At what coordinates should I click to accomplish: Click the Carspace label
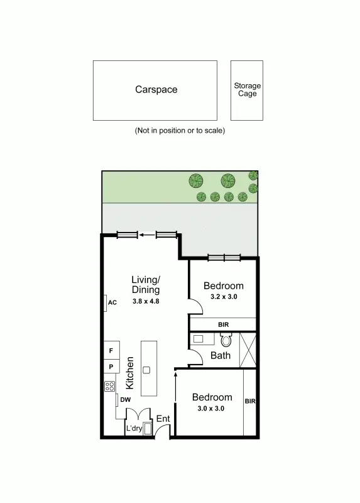click(x=156, y=89)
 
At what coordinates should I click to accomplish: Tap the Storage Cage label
click(x=247, y=89)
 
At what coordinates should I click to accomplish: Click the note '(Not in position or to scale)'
click(x=180, y=131)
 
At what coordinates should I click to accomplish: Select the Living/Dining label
click(x=146, y=285)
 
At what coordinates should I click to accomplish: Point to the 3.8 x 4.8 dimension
click(x=146, y=301)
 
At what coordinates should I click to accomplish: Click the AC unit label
click(x=112, y=302)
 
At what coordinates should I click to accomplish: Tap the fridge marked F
click(x=111, y=350)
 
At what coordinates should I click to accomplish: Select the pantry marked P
click(x=111, y=367)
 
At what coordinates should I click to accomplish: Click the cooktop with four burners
click(x=110, y=386)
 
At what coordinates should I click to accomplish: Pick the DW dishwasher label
click(x=124, y=399)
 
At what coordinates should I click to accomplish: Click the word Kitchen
click(x=131, y=372)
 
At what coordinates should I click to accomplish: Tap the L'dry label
click(x=134, y=429)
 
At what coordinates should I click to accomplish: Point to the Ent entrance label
click(x=163, y=419)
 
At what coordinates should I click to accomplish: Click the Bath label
click(x=220, y=355)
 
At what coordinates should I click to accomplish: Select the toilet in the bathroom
click(x=226, y=340)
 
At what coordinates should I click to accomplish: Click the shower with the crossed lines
click(x=248, y=349)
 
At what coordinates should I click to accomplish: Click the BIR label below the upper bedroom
click(x=223, y=324)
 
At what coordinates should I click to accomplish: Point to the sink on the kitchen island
click(x=146, y=370)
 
